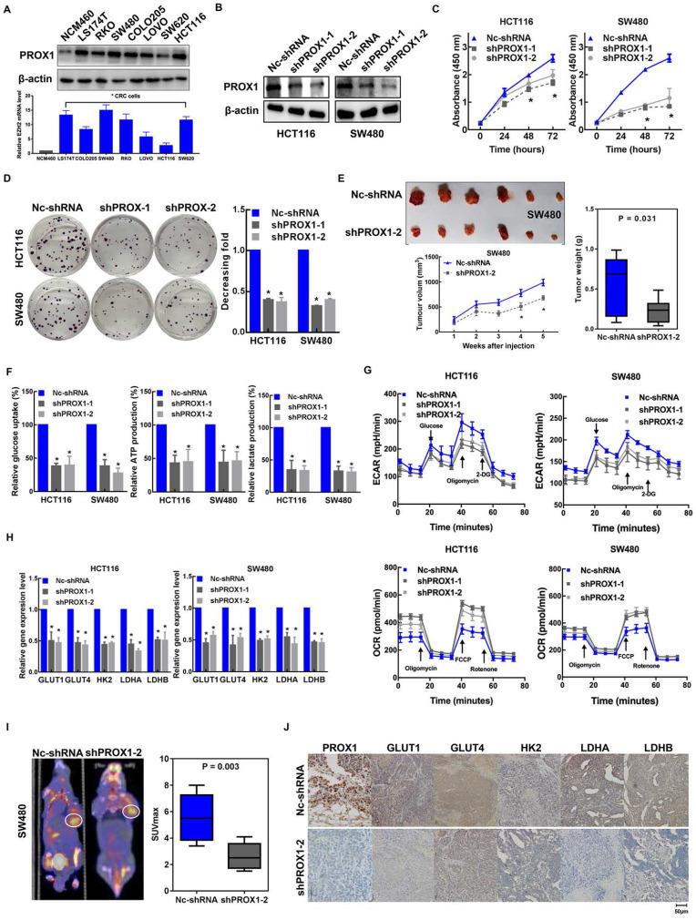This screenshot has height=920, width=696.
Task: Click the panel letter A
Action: tap(9, 8)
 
